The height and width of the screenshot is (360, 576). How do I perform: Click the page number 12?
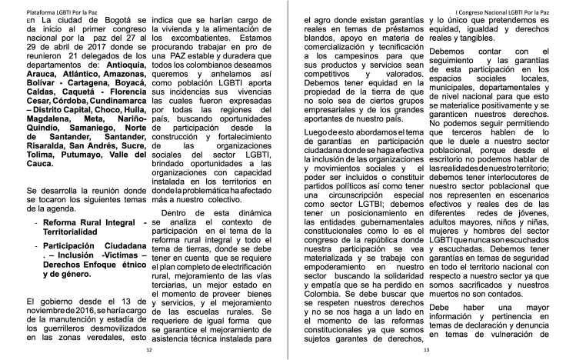[x=150, y=349]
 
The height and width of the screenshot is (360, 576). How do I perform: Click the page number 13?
[x=425, y=349]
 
